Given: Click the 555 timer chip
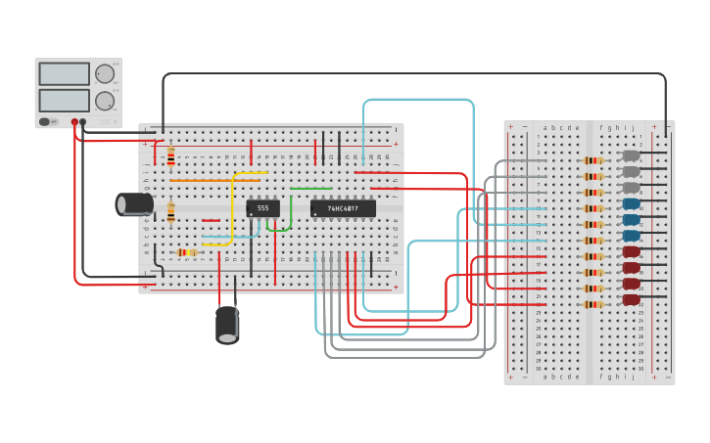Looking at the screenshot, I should coord(262,207).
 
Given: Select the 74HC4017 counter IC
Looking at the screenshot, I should coord(343,208).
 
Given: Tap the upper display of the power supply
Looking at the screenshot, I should coord(65,73).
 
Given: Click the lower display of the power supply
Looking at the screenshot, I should coord(65,100).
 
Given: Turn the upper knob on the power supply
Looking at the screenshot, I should coord(104,73).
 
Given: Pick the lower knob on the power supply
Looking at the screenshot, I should coord(104,100).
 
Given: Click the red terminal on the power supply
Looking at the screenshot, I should coord(74,122).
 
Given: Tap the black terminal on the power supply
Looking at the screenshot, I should coord(83,122).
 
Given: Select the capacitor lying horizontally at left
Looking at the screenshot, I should coord(134,203).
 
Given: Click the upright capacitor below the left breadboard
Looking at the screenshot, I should coord(227,324).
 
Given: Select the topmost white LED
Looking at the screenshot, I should coord(632,155).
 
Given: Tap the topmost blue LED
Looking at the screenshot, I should coord(632,204).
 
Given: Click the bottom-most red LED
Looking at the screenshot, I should coord(632,299).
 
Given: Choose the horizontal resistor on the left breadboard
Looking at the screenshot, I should coord(186,252).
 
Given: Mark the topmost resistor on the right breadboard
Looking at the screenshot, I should coord(592,160).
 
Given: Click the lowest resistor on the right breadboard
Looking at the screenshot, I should coord(592,304).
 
